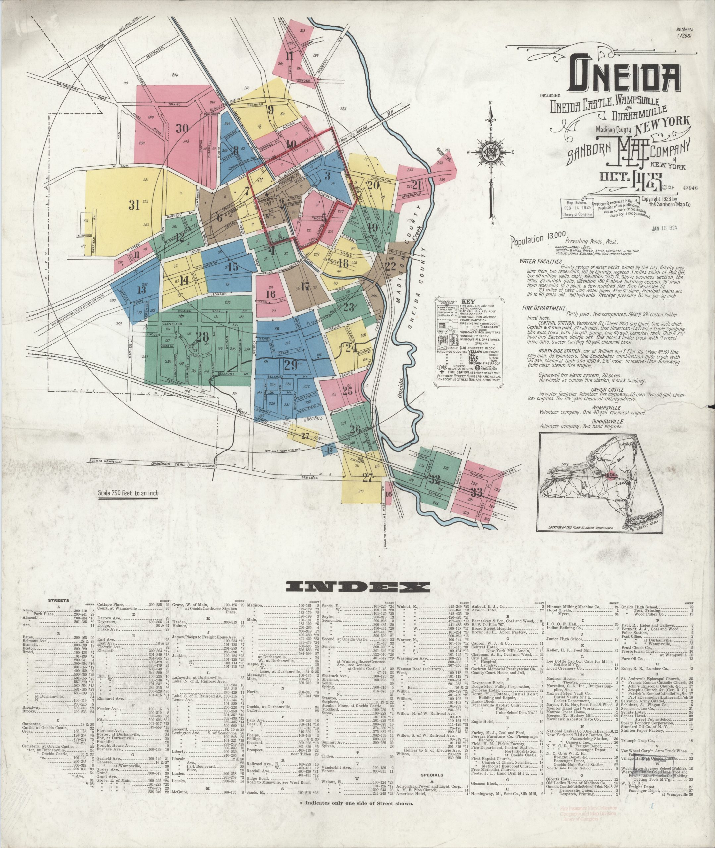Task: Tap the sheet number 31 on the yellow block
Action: point(134,205)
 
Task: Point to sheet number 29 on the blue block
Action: point(291,365)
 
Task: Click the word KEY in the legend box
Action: point(471,302)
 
